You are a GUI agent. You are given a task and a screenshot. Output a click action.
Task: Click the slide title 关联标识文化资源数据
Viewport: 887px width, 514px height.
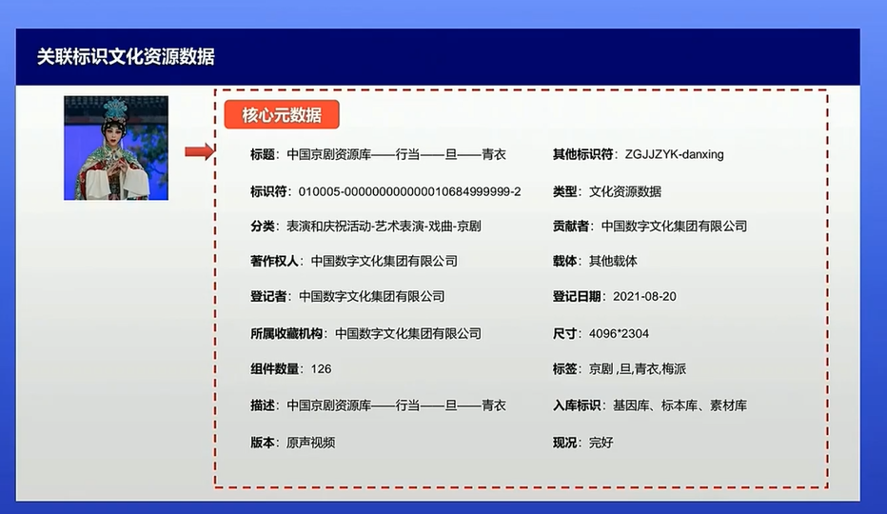point(126,56)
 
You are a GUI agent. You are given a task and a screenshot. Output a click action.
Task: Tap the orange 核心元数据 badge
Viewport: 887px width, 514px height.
point(282,115)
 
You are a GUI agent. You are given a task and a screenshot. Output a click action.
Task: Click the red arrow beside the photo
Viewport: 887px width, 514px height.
point(200,151)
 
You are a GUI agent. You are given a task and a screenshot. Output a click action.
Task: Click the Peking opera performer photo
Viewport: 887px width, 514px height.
point(116,148)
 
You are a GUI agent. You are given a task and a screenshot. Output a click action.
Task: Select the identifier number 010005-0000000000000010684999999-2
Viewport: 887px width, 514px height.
point(409,192)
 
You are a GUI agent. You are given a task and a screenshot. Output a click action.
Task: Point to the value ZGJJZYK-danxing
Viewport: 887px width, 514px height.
point(675,154)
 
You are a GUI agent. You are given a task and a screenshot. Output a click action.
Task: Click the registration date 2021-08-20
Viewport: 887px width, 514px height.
point(644,297)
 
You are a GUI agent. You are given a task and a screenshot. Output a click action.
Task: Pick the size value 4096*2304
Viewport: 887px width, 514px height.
point(619,334)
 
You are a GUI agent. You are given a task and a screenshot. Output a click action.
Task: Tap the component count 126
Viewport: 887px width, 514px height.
point(321,369)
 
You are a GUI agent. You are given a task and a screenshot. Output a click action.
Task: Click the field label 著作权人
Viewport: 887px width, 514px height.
point(274,261)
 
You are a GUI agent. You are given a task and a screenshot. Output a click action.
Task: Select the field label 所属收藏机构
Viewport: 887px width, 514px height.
point(286,334)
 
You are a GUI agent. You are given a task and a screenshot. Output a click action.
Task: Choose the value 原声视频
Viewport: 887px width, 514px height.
point(310,443)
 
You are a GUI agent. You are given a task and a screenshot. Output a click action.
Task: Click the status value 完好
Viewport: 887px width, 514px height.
point(601,443)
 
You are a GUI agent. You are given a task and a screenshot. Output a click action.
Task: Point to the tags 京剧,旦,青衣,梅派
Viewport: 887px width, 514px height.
point(638,369)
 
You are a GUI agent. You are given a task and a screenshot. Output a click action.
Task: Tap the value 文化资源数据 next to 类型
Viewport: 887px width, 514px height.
point(625,192)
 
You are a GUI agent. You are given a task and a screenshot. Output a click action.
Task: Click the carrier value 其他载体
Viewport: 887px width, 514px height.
point(613,261)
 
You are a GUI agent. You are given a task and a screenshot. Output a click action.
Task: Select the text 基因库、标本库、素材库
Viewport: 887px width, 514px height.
point(680,405)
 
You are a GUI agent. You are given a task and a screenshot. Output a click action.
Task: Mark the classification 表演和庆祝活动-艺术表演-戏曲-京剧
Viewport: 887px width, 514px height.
point(384,227)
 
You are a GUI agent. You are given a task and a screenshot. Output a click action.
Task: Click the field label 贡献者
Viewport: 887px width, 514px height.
point(571,227)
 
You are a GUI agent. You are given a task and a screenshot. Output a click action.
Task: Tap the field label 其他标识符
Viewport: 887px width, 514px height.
point(582,154)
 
